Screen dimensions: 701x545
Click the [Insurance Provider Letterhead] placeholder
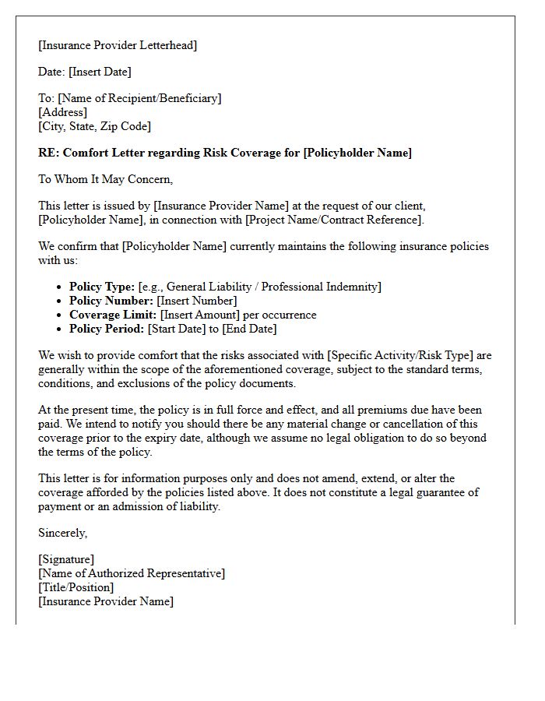point(118,45)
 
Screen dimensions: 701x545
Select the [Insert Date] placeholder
point(100,72)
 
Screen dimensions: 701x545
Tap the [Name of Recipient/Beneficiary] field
point(139,98)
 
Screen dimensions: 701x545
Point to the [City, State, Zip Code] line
point(94,126)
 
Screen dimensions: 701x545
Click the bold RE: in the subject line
point(48,153)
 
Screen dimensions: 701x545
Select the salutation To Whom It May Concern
point(105,179)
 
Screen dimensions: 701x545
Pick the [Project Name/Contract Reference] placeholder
point(335,220)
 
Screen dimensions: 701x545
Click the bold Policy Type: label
point(102,287)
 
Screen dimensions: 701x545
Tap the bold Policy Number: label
point(111,301)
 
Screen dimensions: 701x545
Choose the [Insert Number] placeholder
point(196,301)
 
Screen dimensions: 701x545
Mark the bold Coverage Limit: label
point(113,315)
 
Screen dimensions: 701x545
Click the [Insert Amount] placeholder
point(199,315)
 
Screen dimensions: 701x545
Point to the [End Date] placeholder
point(249,329)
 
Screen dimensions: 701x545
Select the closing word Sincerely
point(62,533)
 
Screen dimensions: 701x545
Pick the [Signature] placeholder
point(66,559)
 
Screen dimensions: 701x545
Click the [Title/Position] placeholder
point(76,587)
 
